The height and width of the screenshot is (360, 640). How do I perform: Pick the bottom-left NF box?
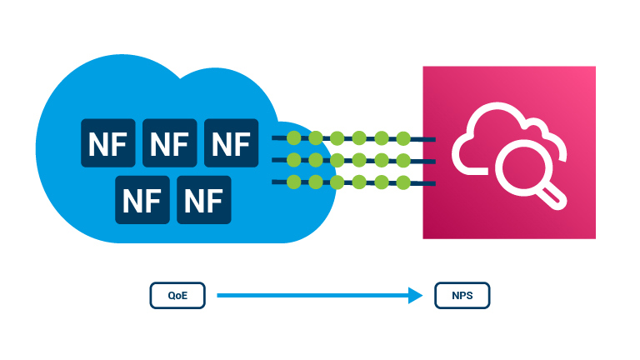142,201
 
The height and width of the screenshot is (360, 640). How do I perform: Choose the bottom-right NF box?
203,201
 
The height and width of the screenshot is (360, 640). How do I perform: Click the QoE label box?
177,296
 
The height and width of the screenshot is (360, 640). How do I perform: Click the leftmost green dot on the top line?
293,138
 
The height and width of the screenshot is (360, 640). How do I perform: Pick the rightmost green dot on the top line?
403,138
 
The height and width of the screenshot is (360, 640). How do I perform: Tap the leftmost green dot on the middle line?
293,160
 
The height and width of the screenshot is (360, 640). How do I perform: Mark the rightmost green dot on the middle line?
403,160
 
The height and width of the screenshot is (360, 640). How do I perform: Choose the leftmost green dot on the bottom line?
293,182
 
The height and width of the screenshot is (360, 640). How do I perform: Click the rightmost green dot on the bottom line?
403,182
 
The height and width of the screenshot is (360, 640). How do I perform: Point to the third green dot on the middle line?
337,160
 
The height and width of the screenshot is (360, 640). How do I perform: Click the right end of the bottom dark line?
433,183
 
